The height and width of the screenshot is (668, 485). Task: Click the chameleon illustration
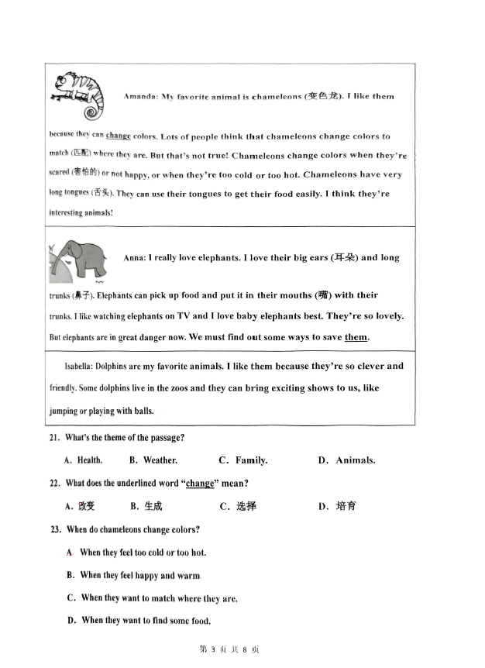coord(79,93)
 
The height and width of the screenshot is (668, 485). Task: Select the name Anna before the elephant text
coord(134,258)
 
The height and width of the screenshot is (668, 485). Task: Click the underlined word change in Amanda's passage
coord(119,136)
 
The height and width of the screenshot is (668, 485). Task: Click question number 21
coord(54,439)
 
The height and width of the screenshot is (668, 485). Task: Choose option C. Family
coord(243,460)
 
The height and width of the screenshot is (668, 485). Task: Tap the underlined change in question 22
coord(200,484)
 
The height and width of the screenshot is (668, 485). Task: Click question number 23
coord(54,530)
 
